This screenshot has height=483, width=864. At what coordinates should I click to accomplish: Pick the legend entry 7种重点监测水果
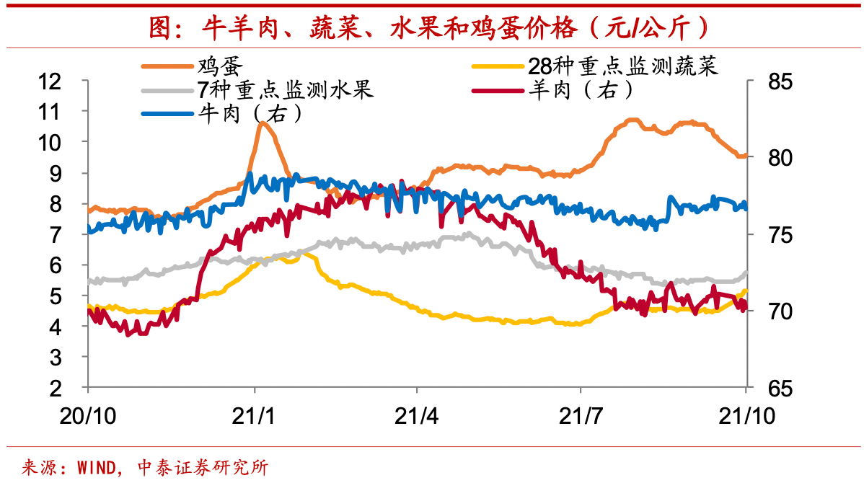(285, 90)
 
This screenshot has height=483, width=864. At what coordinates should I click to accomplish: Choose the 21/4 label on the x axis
(418, 416)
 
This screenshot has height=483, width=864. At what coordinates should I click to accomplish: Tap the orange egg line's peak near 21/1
(260, 124)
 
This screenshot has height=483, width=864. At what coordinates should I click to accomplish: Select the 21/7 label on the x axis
(581, 416)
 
